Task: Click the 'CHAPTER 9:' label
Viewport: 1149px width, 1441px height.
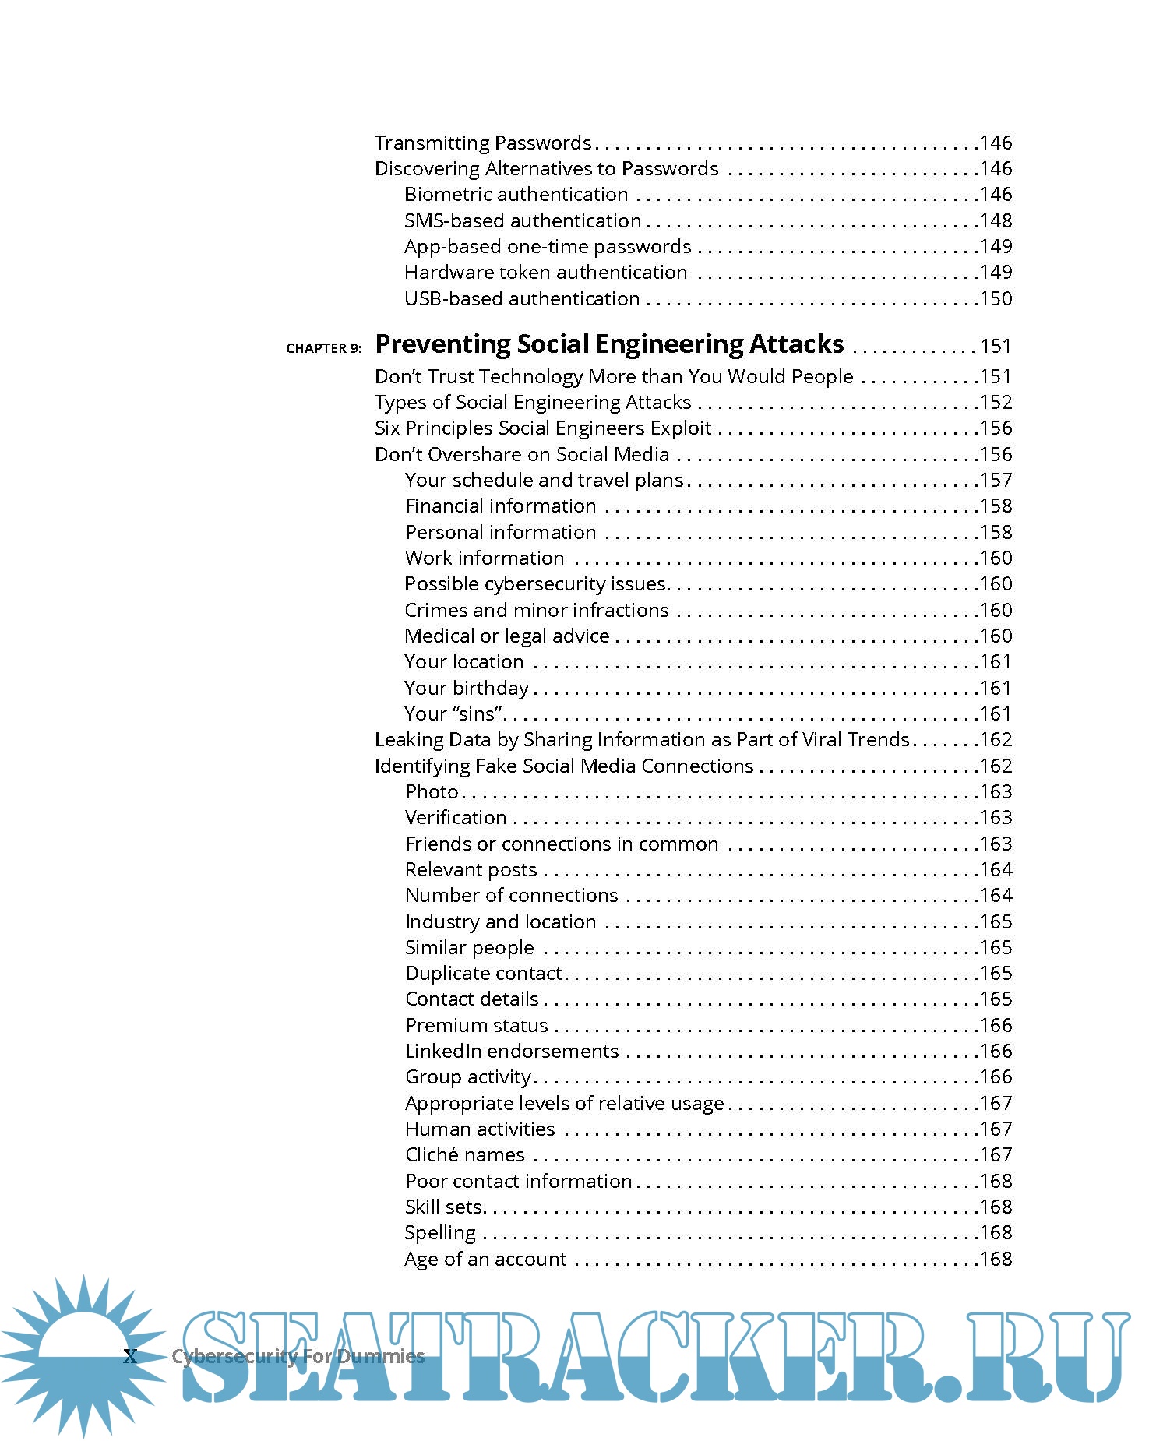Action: click(x=323, y=348)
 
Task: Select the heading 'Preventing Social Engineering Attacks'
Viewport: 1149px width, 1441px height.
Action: click(x=609, y=344)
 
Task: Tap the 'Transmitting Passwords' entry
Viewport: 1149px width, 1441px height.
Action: click(x=483, y=143)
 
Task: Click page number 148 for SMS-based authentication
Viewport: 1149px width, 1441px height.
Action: click(x=996, y=221)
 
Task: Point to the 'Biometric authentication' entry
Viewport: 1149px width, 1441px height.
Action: click(x=516, y=195)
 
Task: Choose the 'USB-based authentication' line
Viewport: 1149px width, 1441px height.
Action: click(x=522, y=298)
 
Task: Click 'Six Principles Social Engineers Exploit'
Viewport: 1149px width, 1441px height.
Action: click(x=543, y=428)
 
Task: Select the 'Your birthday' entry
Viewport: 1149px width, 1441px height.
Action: click(x=467, y=688)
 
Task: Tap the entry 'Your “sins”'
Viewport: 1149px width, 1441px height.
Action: click(x=453, y=713)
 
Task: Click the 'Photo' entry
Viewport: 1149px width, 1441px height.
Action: click(x=432, y=791)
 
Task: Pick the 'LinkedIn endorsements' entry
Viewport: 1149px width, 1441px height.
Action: click(x=512, y=1052)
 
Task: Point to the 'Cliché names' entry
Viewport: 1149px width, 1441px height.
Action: click(x=465, y=1155)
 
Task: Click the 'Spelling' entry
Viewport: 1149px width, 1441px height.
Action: click(x=440, y=1233)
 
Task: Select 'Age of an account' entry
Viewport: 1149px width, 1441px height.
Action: click(x=486, y=1260)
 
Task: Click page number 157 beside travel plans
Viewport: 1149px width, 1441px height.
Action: click(x=996, y=481)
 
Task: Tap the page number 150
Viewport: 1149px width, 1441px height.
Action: click(x=996, y=299)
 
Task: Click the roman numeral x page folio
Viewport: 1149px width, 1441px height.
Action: click(x=130, y=1356)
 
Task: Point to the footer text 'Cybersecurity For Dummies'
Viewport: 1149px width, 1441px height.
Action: click(x=298, y=1357)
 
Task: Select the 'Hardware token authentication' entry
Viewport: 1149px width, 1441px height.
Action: click(x=545, y=273)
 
